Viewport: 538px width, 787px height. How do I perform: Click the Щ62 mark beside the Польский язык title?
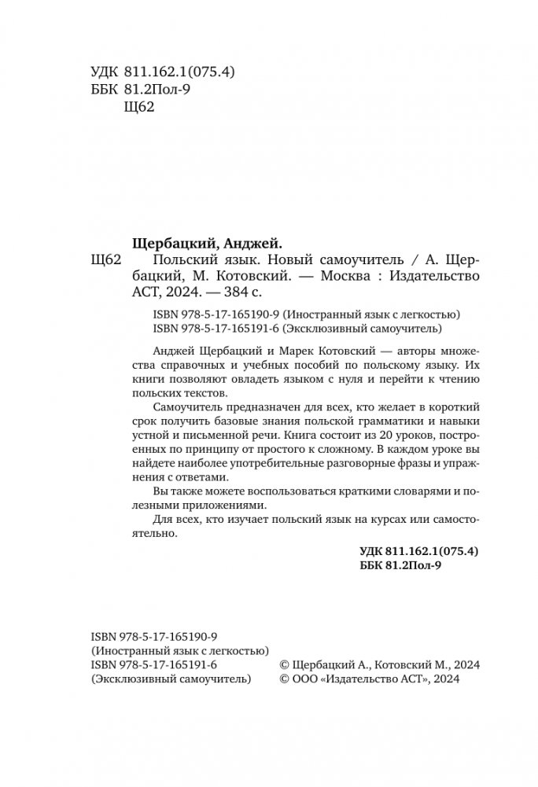106,260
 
